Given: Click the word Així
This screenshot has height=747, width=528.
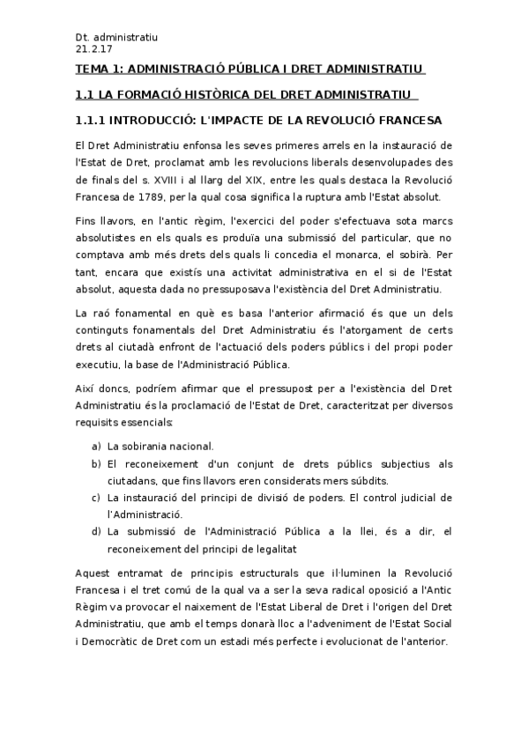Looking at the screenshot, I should [86, 388].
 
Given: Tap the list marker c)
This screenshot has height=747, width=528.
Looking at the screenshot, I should [96, 497].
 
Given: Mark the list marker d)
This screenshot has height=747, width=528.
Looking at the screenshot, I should [96, 531].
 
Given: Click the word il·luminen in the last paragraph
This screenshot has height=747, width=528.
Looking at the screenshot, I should [332, 573].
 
